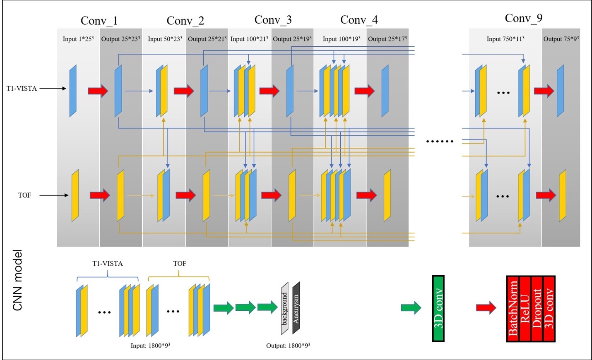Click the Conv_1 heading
coord(99,21)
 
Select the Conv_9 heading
coord(523,18)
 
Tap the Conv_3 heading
coord(273,20)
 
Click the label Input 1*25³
coord(78,39)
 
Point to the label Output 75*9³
coord(561,39)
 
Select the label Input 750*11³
coord(505,39)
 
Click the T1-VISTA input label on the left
coord(22,89)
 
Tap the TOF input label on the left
coord(24,195)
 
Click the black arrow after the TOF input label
coord(54,195)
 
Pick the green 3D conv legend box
coord(438,309)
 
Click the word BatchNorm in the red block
coord(513,309)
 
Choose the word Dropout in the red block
coord(537,309)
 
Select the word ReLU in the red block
coord(525,309)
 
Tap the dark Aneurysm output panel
coord(296,308)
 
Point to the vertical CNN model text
coord(17,280)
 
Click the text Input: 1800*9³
coord(150,346)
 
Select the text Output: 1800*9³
coord(288,346)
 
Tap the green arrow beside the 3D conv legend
coord(411,308)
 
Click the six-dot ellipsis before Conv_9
coord(440,142)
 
